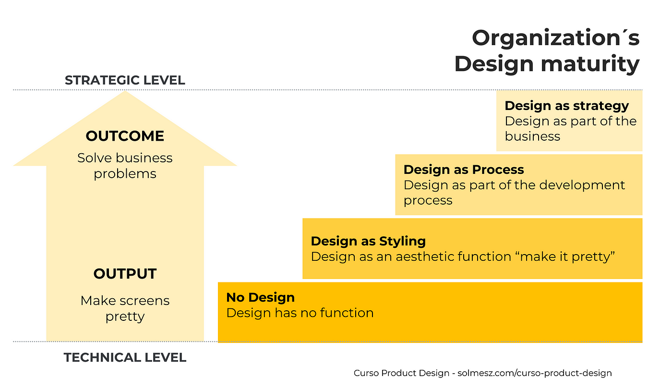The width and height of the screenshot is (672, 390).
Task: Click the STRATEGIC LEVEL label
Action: (x=125, y=80)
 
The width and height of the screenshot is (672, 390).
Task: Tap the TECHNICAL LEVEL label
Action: (x=125, y=357)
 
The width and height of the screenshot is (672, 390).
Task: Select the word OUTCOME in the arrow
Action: (x=125, y=136)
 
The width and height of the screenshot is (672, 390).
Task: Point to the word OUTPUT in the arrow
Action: (x=125, y=274)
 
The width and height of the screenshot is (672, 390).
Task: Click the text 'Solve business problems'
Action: (x=125, y=166)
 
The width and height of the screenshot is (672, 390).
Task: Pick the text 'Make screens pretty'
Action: (x=125, y=308)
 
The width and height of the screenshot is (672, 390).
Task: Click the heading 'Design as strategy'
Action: (x=566, y=106)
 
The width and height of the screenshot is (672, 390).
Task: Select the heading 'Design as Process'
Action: (x=464, y=170)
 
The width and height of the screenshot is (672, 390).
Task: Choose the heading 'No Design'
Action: (x=260, y=297)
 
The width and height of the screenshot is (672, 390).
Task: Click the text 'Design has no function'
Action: (x=300, y=313)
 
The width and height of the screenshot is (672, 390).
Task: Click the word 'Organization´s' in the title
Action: (x=555, y=38)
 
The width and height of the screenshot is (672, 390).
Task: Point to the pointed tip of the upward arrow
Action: (x=125, y=93)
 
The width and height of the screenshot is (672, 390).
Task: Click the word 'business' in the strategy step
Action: (x=532, y=136)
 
